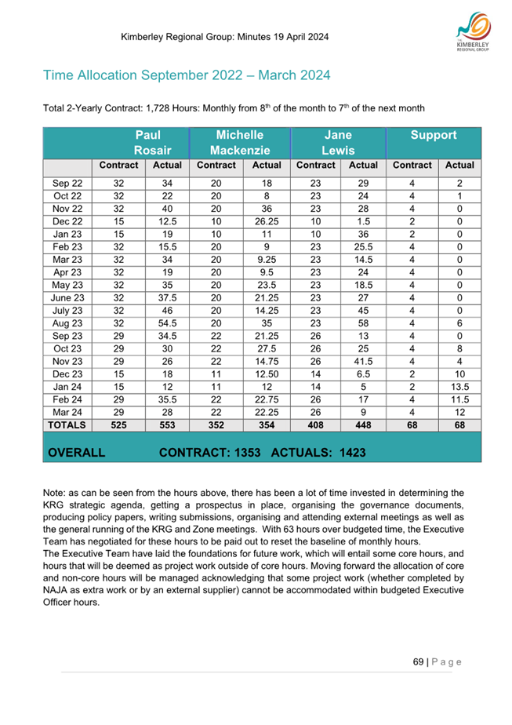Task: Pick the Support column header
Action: point(434,135)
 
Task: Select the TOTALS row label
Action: point(67,424)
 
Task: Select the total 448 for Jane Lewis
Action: point(363,424)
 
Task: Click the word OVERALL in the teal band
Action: point(77,453)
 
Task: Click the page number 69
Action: point(418,661)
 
